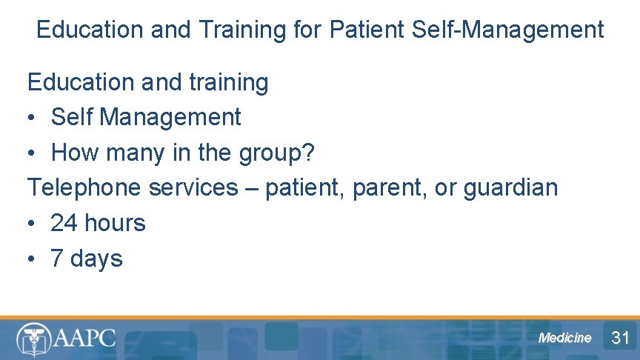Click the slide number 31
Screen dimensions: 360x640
click(620, 338)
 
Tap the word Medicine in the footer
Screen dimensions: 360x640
click(564, 338)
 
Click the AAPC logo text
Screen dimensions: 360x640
click(84, 338)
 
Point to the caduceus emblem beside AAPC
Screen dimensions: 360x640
click(33, 339)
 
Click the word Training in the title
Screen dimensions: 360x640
click(240, 30)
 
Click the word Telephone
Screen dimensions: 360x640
click(84, 187)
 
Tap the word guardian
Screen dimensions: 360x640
click(510, 187)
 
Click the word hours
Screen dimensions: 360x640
click(115, 223)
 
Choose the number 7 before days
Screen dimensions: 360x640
click(57, 259)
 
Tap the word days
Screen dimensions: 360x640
click(96, 259)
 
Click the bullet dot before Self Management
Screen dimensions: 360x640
click(33, 117)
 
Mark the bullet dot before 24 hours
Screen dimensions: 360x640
click(33, 223)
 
